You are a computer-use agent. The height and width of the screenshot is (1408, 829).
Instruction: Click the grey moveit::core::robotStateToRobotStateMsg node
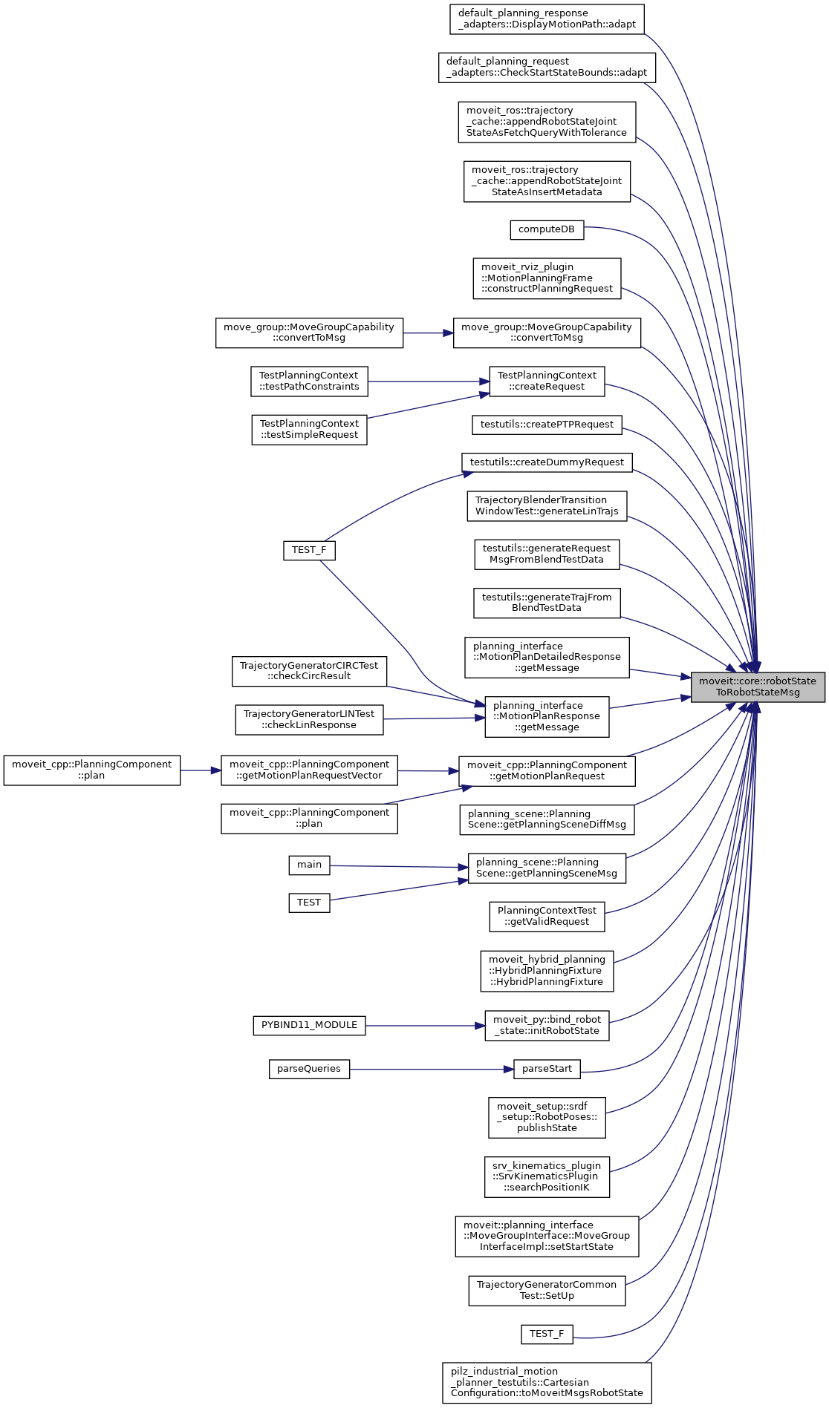tap(758, 687)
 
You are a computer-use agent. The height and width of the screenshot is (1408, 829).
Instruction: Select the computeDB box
tap(547, 229)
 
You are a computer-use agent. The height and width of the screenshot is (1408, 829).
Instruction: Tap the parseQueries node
tap(309, 1069)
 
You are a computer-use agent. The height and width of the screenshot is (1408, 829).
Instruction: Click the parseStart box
tap(547, 1069)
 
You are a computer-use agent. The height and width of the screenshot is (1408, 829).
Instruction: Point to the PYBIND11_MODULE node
tap(309, 1025)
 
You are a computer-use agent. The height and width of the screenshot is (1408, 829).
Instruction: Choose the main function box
tap(309, 865)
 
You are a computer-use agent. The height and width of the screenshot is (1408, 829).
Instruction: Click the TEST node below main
tap(309, 903)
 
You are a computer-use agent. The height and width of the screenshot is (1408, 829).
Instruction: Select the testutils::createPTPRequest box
tap(547, 425)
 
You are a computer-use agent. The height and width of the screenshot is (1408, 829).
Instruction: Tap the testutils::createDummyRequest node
tap(547, 462)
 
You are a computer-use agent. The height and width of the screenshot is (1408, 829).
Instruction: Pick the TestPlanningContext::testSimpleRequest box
tap(309, 430)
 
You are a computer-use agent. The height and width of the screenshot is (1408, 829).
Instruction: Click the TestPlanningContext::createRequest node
tap(547, 382)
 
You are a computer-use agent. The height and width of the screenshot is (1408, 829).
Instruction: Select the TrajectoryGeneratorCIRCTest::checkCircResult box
tap(309, 671)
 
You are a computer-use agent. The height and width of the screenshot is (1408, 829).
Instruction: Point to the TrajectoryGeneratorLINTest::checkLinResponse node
tap(309, 720)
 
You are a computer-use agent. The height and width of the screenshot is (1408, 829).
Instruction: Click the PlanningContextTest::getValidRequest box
tap(547, 917)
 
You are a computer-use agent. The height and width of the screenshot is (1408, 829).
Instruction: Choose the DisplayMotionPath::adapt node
tap(547, 19)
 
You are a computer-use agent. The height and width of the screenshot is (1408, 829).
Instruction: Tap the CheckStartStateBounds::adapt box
tap(547, 68)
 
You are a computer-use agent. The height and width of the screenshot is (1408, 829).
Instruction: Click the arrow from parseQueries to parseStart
tap(431, 1069)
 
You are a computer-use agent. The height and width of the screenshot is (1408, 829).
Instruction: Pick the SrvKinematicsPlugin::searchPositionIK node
tap(547, 1176)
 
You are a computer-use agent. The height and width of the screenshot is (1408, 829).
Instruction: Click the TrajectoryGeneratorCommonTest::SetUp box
tap(547, 1291)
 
